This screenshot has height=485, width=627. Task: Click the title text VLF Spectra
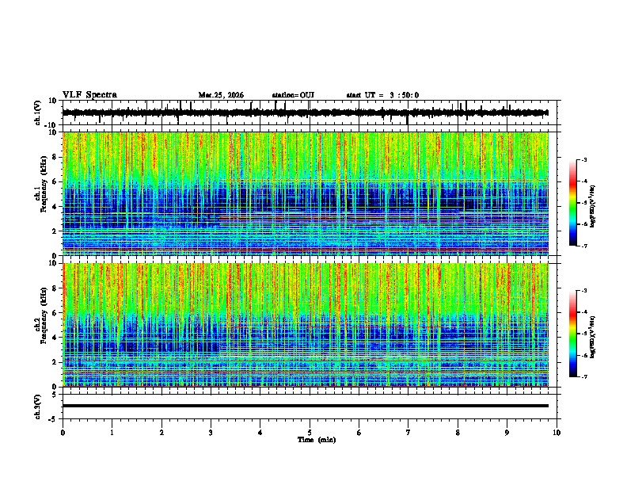pyautogui.click(x=89, y=95)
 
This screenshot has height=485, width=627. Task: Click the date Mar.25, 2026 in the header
pyautogui.click(x=221, y=95)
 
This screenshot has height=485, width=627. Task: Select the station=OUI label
pyautogui.click(x=293, y=95)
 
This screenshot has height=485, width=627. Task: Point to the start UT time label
pyautogui.click(x=382, y=95)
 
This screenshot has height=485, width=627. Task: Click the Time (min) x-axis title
pyautogui.click(x=316, y=440)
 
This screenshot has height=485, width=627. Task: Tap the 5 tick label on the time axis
pyautogui.click(x=310, y=433)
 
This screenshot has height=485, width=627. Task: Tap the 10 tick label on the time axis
pyautogui.click(x=557, y=433)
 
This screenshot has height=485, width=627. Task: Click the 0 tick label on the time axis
pyautogui.click(x=63, y=433)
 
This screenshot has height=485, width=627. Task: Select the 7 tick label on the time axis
pyautogui.click(x=408, y=433)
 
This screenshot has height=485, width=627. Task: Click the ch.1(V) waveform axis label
pyautogui.click(x=39, y=113)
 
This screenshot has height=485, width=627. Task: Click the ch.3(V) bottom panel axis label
pyautogui.click(x=39, y=405)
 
